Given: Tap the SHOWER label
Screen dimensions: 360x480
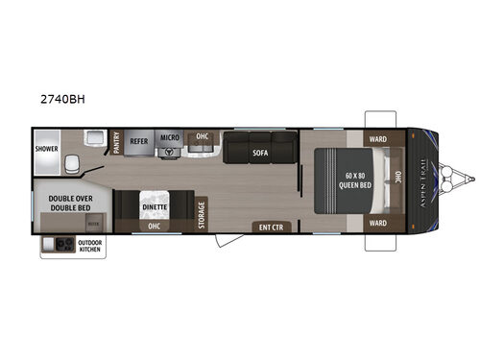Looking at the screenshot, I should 48,149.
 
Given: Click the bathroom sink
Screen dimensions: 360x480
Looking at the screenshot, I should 94,137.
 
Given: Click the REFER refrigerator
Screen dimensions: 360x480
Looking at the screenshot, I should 139,140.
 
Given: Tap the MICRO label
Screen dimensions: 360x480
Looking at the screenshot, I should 169,139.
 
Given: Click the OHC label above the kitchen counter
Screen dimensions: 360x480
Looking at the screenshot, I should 203,135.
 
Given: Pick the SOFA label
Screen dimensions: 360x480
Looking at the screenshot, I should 259,152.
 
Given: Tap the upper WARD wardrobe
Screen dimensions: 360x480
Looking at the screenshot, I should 379,136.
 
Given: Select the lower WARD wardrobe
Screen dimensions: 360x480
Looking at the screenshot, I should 379,224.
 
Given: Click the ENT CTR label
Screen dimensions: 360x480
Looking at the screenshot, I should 269,227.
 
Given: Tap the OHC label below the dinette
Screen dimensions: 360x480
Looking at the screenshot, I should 154,228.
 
